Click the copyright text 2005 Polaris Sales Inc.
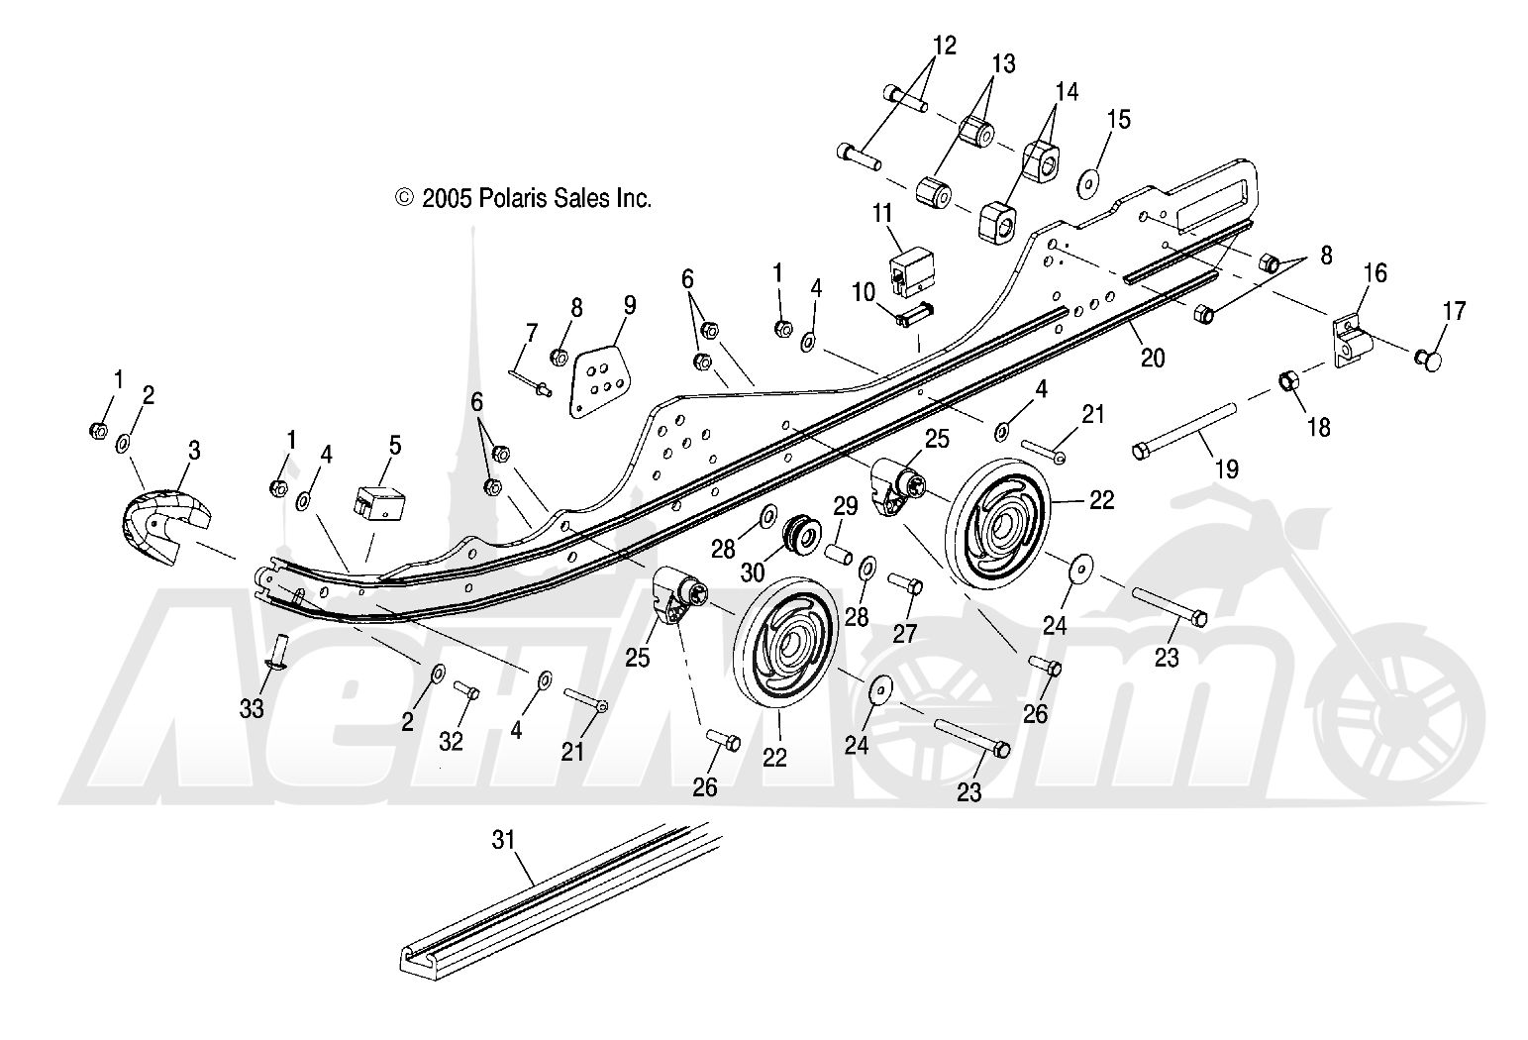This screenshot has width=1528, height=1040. (x=524, y=199)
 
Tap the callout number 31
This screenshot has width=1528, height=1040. (x=504, y=842)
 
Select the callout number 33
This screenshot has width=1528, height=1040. (x=253, y=709)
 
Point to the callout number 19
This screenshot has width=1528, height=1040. (x=1226, y=469)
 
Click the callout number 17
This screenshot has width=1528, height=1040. (x=1453, y=311)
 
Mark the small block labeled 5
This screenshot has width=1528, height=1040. (x=375, y=500)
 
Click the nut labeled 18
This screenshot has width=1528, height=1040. (x=1289, y=380)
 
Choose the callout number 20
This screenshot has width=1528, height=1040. (x=1153, y=358)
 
